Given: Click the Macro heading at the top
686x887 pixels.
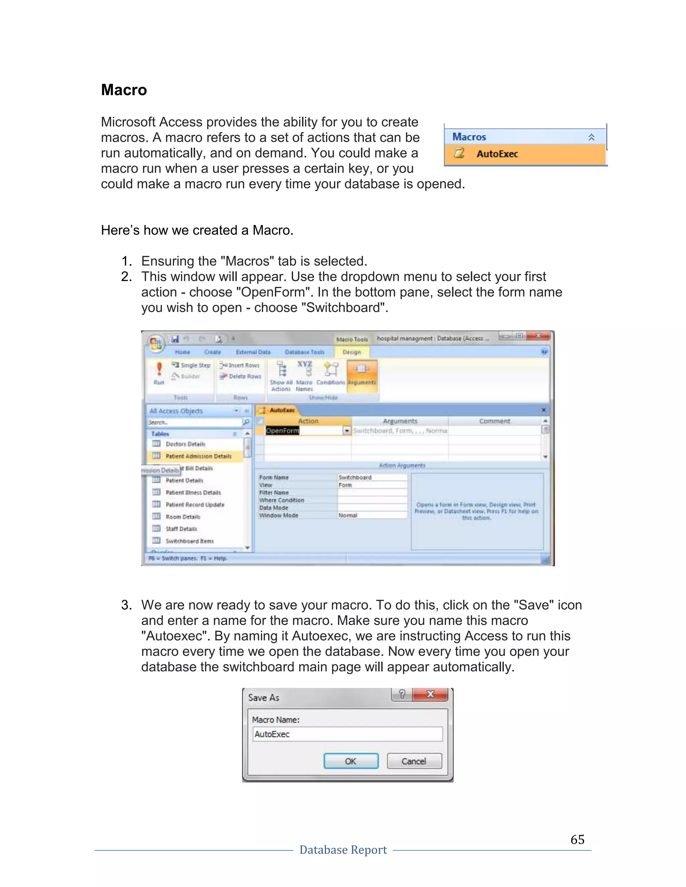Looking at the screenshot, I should pos(124,90).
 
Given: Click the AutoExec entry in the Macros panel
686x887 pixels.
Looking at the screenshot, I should pos(497,154).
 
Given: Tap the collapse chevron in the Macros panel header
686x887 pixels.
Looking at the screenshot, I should pos(591,137).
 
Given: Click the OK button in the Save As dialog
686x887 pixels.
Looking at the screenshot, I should pos(351,761).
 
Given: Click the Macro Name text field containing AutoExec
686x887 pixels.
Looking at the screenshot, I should pos(347,734).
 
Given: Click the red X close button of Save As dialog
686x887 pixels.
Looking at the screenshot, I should pos(430,695).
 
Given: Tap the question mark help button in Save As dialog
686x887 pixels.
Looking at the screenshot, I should pos(402,695).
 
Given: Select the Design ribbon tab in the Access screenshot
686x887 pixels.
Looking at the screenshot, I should pos(351,352).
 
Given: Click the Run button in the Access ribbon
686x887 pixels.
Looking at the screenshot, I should pos(159,373).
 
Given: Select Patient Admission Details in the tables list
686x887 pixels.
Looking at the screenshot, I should pos(198,456).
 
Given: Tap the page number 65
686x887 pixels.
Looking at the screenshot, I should pos(577,839).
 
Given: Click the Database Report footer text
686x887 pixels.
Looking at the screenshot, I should pos(343,850).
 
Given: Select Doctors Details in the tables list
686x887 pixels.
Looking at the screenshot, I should pos(185,444).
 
